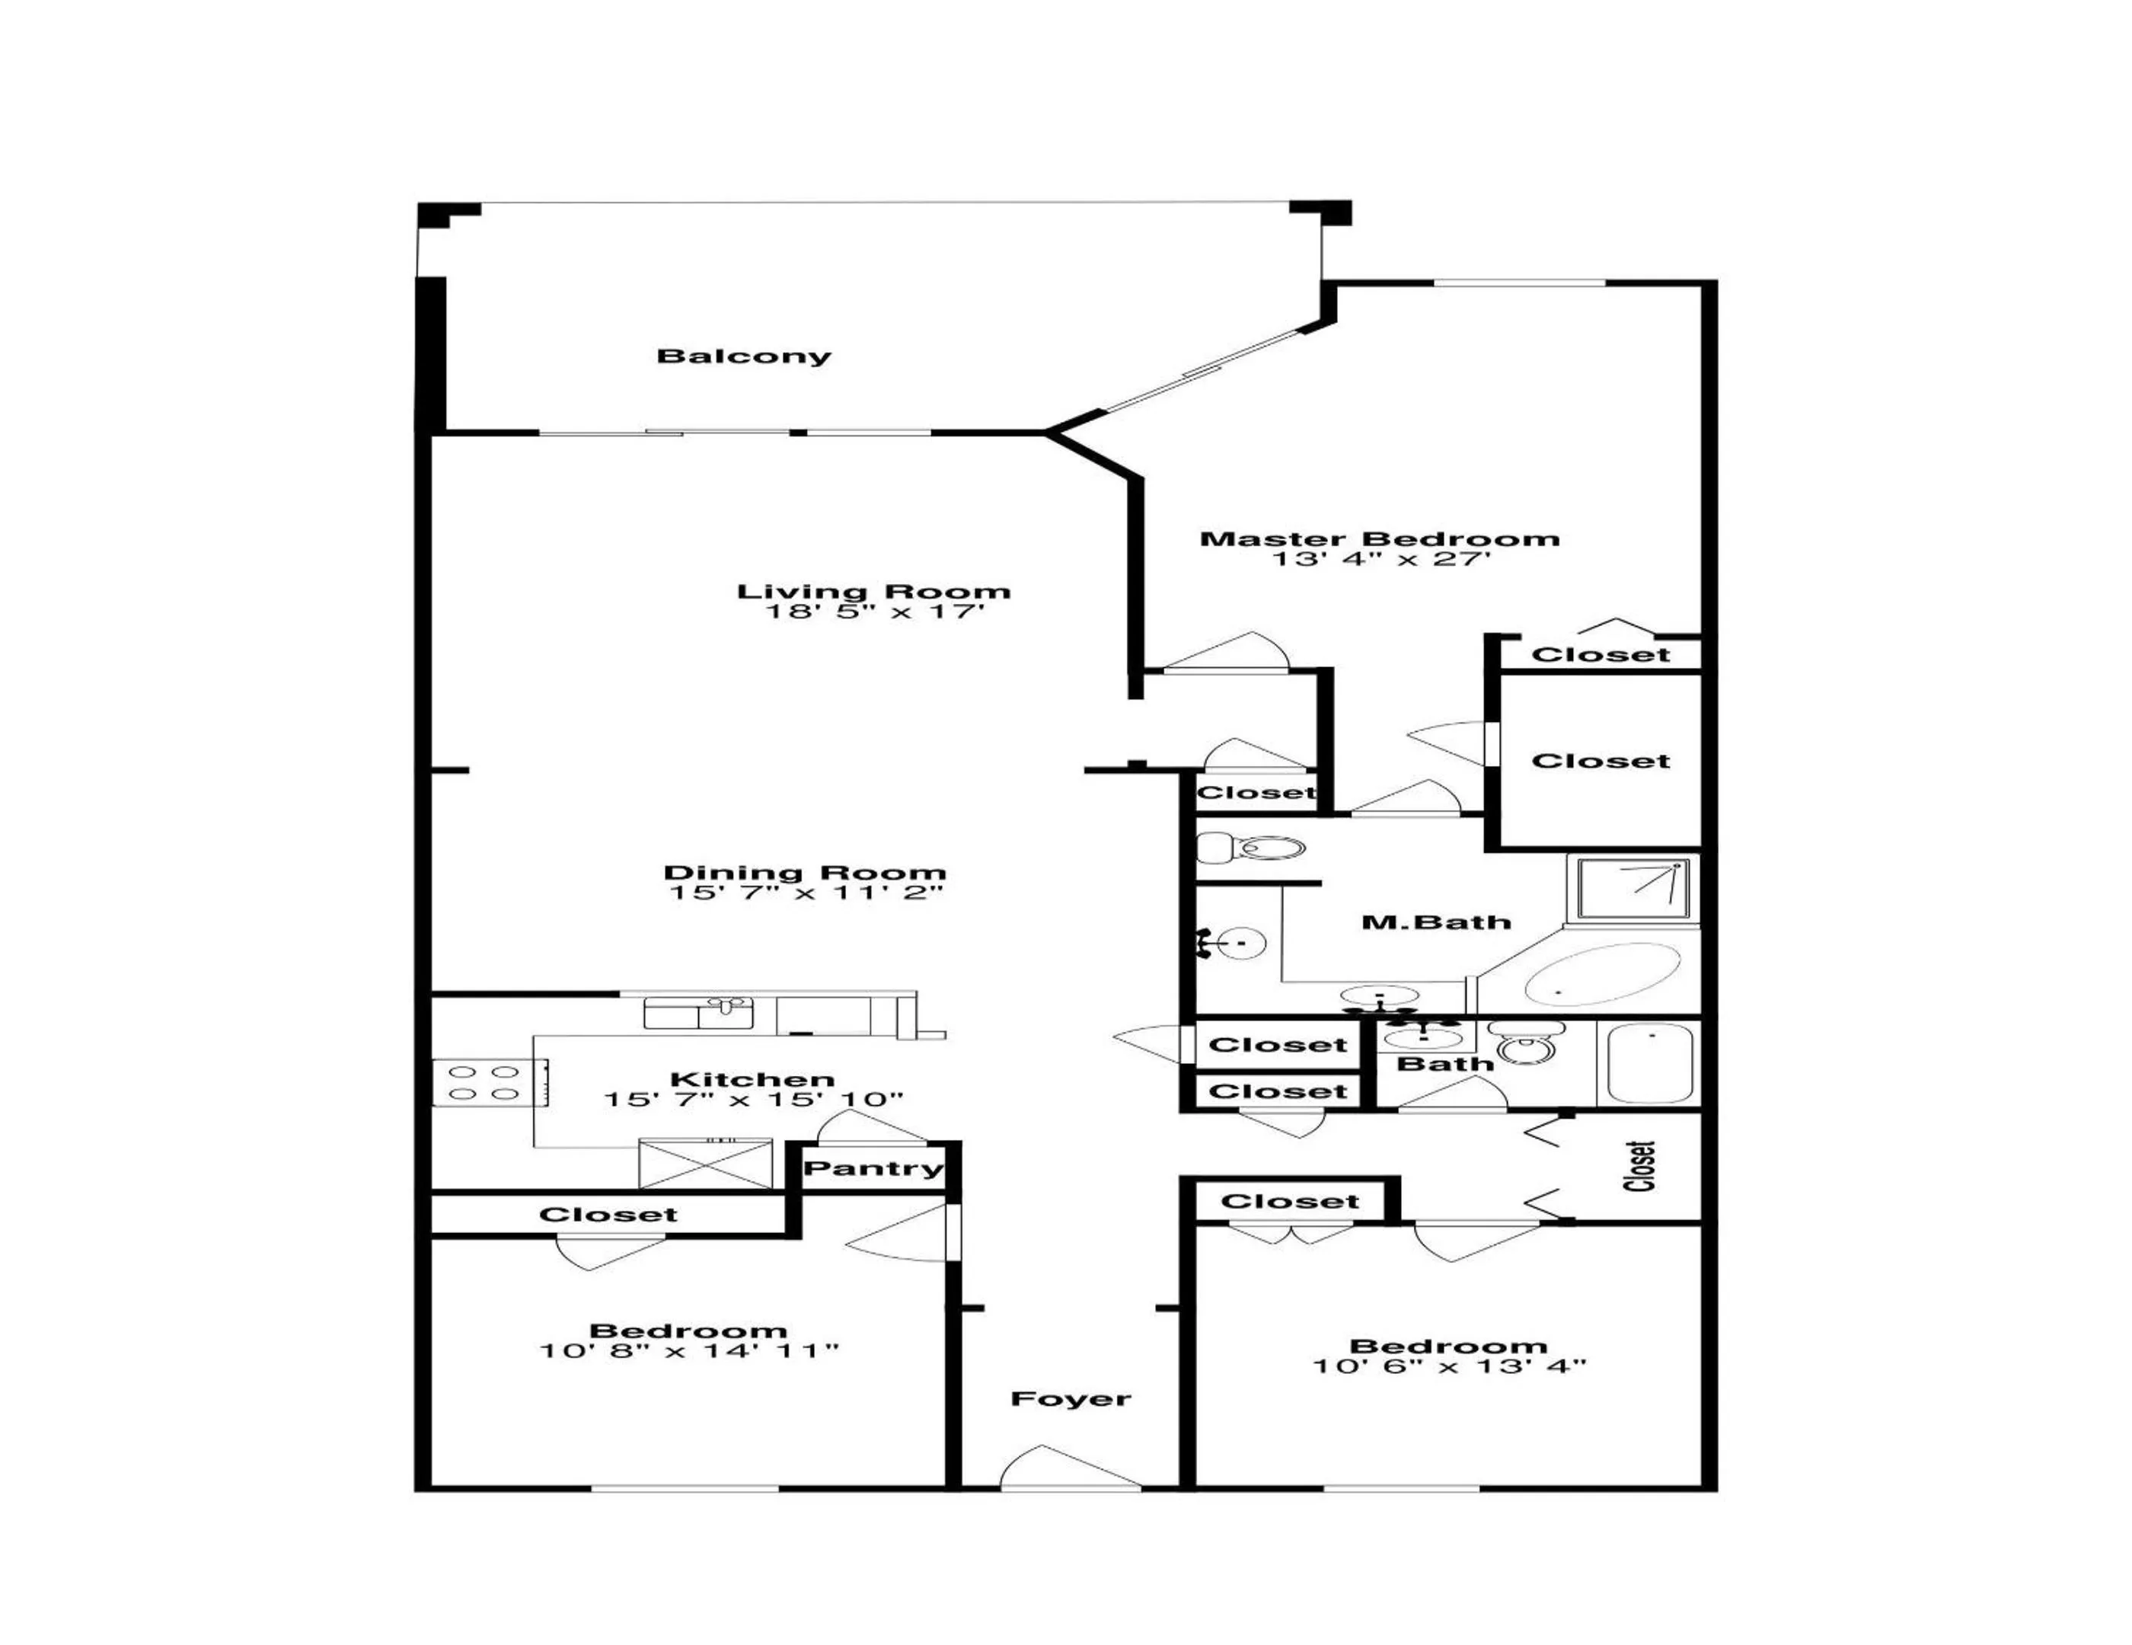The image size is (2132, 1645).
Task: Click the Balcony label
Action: click(744, 356)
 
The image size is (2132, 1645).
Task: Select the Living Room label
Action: click(873, 591)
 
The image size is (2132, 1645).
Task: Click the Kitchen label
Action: click(752, 1078)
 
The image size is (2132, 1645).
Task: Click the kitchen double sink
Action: click(698, 1014)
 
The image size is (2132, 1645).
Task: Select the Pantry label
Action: click(873, 1168)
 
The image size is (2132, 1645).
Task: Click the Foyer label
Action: click(1070, 1399)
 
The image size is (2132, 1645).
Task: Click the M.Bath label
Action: click(1435, 922)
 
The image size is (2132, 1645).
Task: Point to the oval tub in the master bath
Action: click(1601, 973)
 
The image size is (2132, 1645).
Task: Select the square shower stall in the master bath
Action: click(1633, 886)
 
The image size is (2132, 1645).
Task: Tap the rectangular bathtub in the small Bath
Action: click(1650, 1064)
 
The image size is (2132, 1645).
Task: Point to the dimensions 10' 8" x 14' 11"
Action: click(688, 1351)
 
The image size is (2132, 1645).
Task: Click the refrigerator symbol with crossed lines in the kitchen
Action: click(705, 1163)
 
